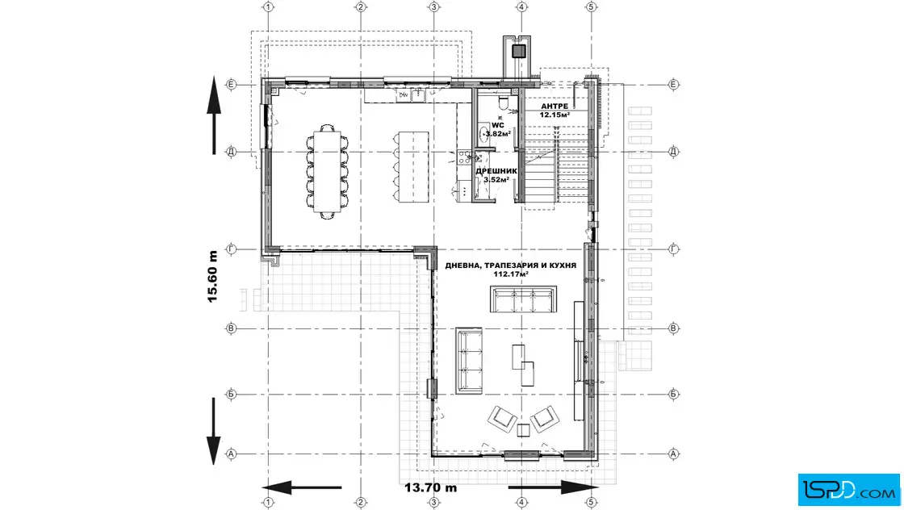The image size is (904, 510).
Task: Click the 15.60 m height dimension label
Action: pyautogui.click(x=213, y=277)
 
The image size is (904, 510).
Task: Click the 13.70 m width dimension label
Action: pyautogui.click(x=431, y=487)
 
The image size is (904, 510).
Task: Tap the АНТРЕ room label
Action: pyautogui.click(x=555, y=107)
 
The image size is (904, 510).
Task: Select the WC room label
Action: pyautogui.click(x=497, y=125)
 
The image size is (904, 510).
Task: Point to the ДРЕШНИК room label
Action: pyautogui.click(x=496, y=171)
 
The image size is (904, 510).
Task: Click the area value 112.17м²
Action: pyautogui.click(x=511, y=274)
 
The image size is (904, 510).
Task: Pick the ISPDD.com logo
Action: pyautogui.click(x=848, y=490)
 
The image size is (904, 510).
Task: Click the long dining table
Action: pyautogui.click(x=327, y=172)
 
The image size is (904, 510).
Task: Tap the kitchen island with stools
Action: pyautogui.click(x=412, y=167)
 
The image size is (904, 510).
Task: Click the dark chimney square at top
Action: pyautogui.click(x=518, y=52)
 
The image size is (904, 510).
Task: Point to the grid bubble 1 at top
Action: pyautogui.click(x=268, y=7)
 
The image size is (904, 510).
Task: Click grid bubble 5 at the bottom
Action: pyautogui.click(x=591, y=503)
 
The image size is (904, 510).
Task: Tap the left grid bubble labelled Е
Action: pyautogui.click(x=231, y=84)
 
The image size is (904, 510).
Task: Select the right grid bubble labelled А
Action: pyautogui.click(x=673, y=454)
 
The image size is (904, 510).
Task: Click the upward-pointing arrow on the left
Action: pyautogui.click(x=214, y=115)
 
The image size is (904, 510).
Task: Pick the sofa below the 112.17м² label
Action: pyautogui.click(x=524, y=299)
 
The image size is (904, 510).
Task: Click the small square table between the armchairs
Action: pyautogui.click(x=523, y=430)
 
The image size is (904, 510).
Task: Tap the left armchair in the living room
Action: pyautogui.click(x=502, y=419)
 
